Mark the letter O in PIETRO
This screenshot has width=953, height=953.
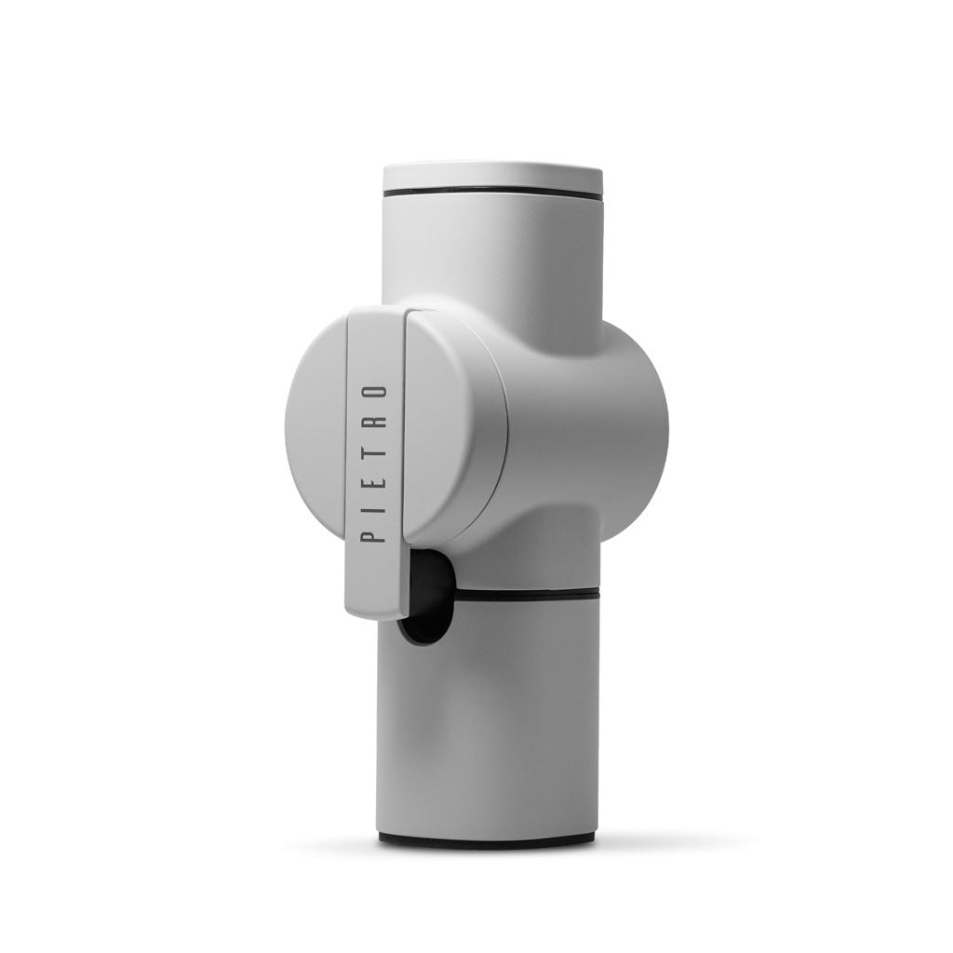(373, 391)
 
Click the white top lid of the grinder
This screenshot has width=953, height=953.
(491, 177)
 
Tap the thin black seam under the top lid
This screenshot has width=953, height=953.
(491, 194)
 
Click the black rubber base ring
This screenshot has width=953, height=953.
(486, 840)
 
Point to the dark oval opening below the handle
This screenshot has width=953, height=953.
(423, 596)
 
